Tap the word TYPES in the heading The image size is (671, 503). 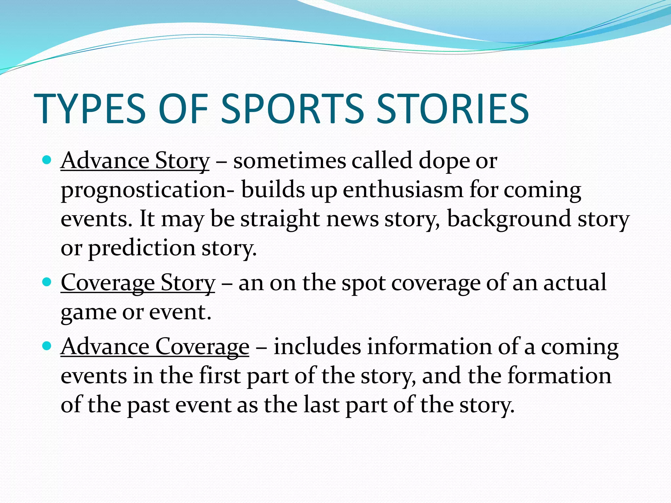[x=89, y=109]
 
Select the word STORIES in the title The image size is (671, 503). [x=452, y=109]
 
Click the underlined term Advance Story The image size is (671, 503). [x=135, y=161]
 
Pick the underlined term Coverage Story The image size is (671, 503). [x=138, y=283]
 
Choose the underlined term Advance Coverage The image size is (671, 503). [x=155, y=347]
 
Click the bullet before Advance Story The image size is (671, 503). [x=47, y=160]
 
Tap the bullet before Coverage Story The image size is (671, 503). [x=47, y=282]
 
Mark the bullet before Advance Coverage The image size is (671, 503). [x=47, y=346]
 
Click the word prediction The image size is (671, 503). [x=142, y=248]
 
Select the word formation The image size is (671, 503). [x=559, y=376]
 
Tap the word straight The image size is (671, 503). [x=280, y=219]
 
